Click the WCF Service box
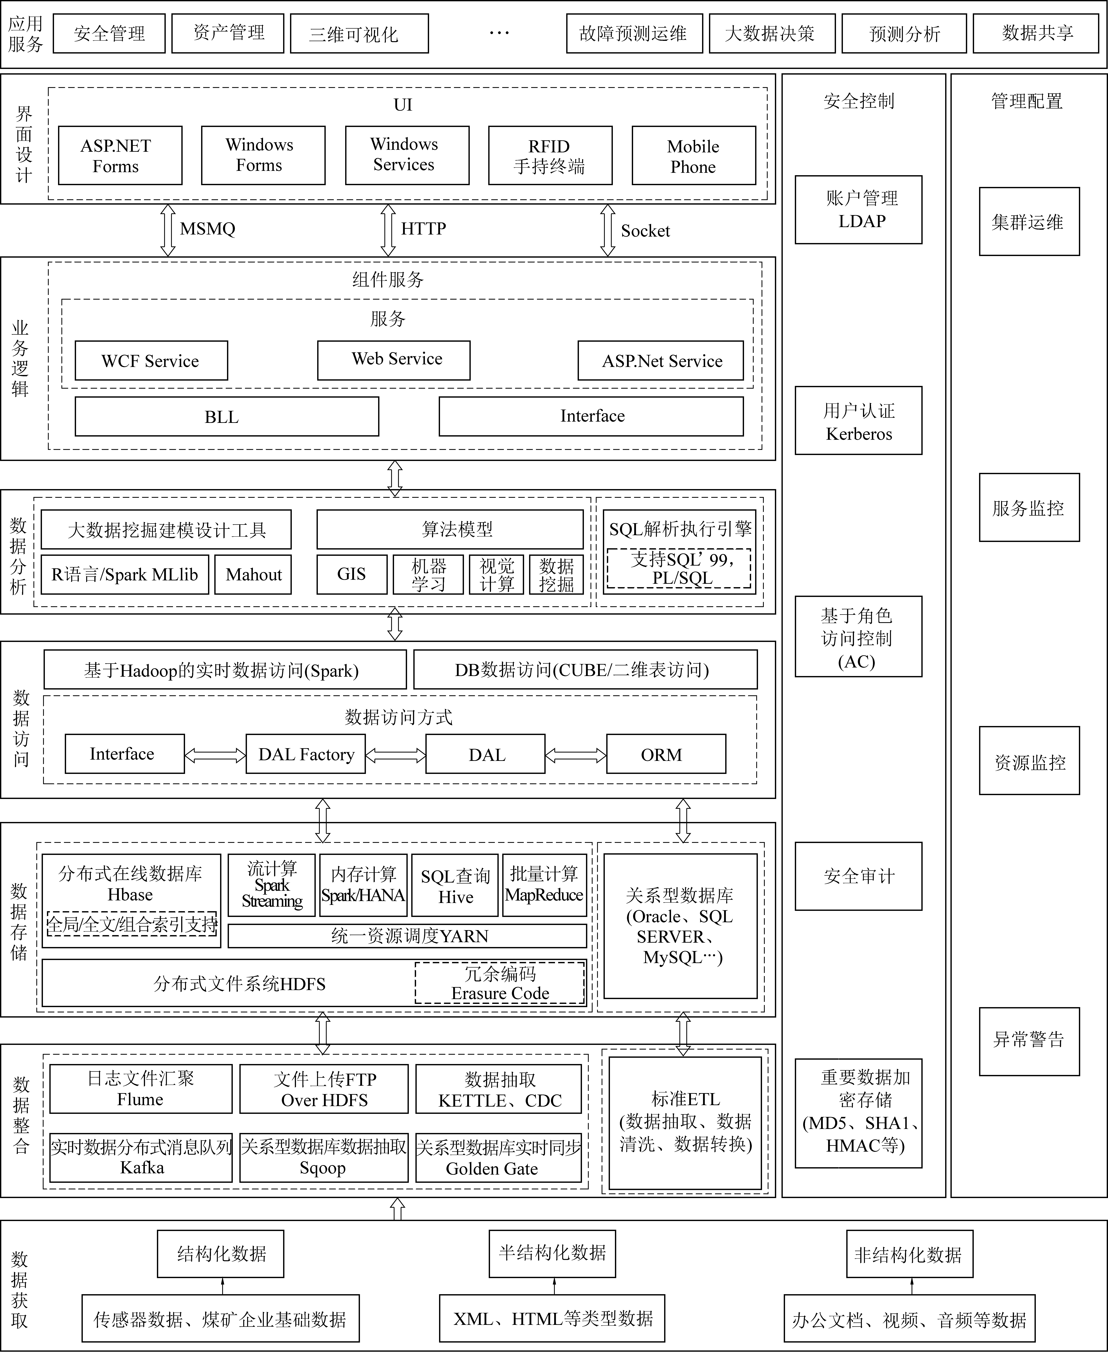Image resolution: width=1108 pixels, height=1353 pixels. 151,361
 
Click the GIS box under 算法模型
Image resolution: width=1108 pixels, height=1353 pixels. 352,574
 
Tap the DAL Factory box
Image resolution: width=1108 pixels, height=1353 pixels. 306,754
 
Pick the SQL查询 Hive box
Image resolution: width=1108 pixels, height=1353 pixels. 455,885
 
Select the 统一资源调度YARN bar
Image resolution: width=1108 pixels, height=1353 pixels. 407,936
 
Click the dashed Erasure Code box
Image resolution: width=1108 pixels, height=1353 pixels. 500,983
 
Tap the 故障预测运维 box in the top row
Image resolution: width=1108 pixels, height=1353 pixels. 634,33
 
